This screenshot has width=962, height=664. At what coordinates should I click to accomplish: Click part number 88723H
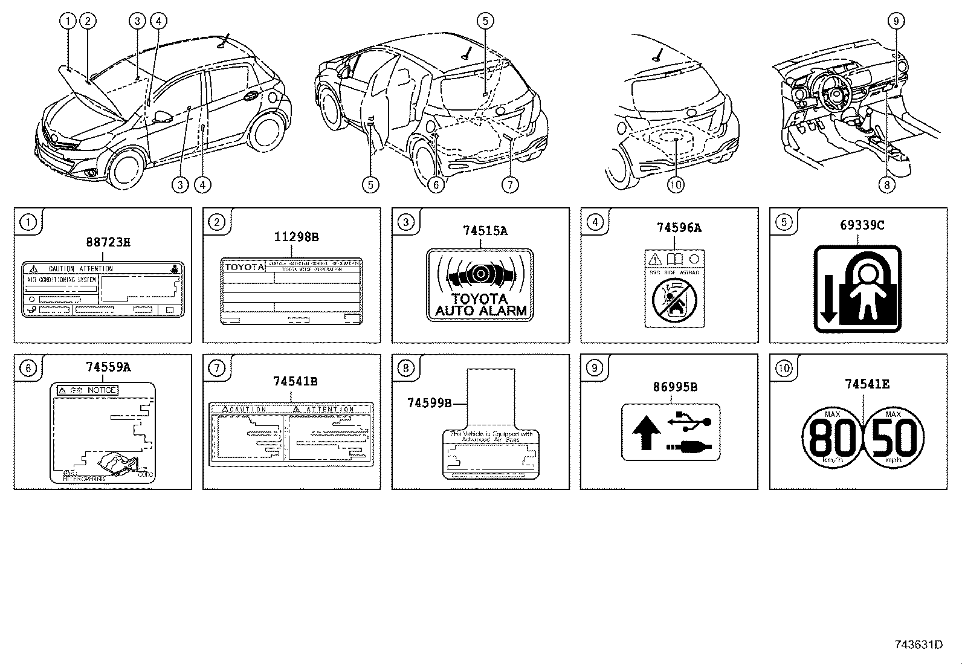(108, 243)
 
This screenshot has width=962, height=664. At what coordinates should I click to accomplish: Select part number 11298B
(296, 237)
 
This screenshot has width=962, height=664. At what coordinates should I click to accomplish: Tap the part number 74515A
(485, 230)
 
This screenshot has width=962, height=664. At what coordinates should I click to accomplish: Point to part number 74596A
(679, 228)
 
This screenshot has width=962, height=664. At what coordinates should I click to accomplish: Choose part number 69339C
(862, 225)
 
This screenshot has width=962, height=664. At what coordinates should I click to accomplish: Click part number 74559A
(108, 367)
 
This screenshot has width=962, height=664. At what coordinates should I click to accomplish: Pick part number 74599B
(429, 402)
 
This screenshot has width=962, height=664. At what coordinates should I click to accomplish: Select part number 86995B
(674, 387)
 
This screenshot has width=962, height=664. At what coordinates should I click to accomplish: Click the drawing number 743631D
(918, 644)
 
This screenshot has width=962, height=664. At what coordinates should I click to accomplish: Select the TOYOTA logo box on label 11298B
(244, 267)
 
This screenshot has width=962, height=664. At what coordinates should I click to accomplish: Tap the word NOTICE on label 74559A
(101, 390)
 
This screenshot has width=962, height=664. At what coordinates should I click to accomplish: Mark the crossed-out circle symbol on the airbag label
(674, 300)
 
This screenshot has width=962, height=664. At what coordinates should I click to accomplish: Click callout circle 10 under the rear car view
(676, 184)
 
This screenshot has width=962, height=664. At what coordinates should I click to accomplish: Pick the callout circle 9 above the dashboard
(896, 21)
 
